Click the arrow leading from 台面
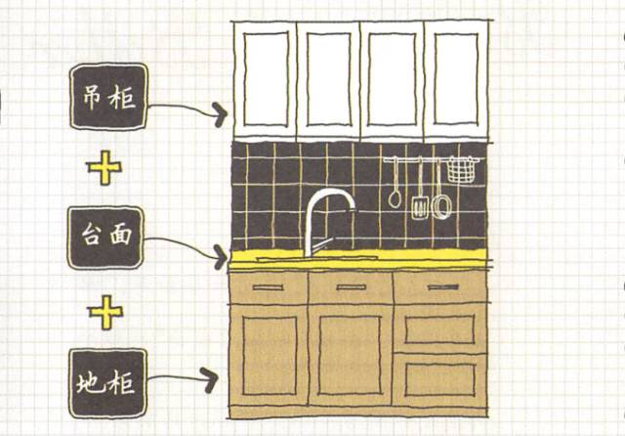[x=186, y=246]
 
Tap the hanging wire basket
[x=459, y=171]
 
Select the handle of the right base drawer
[x=439, y=286]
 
